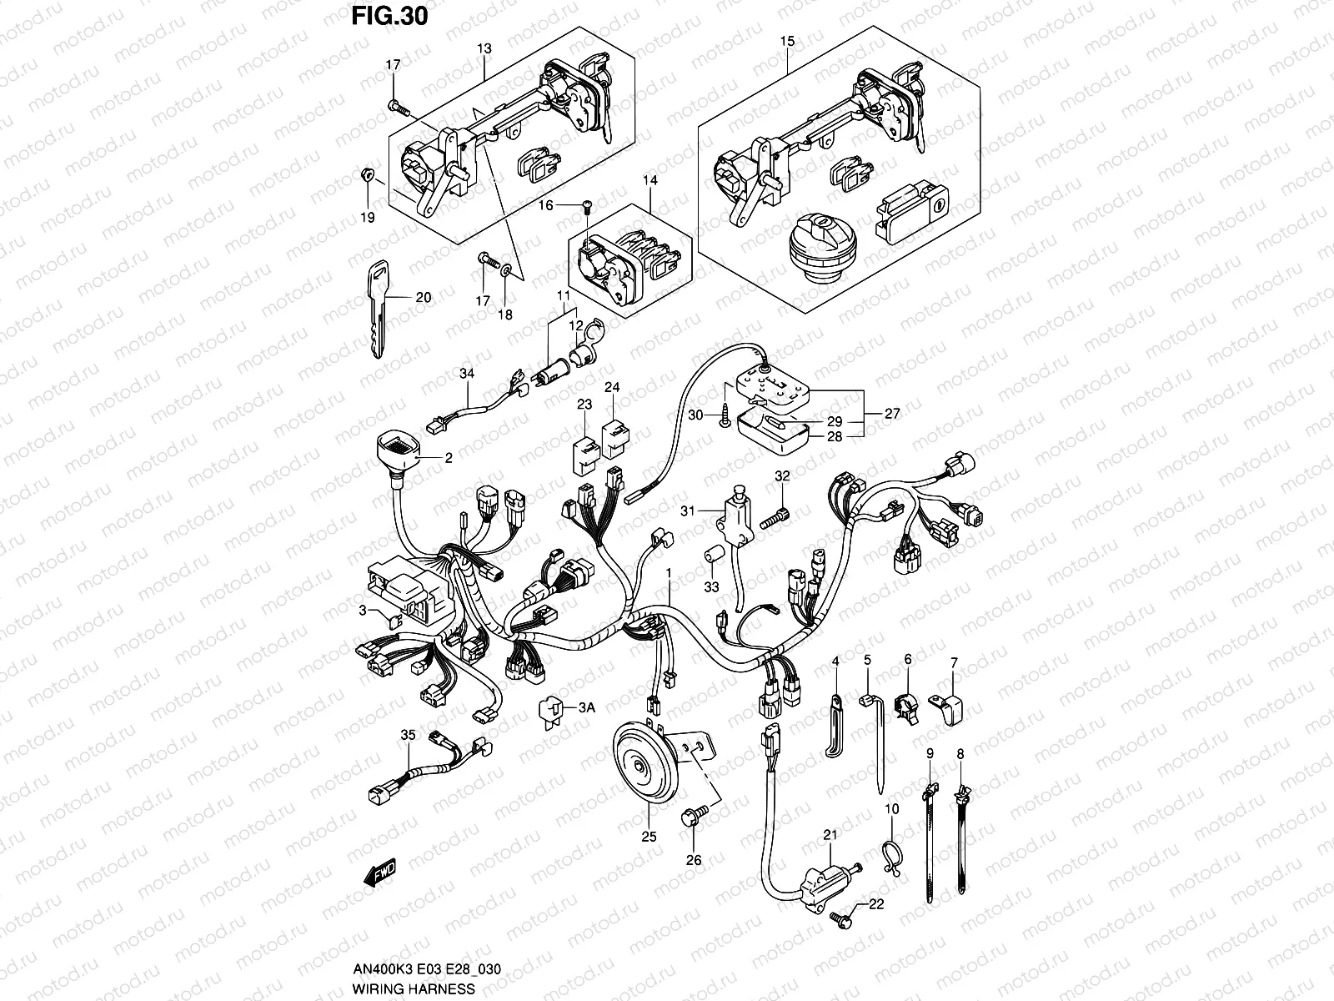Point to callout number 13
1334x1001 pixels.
tap(484, 49)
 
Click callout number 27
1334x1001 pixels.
tap(892, 413)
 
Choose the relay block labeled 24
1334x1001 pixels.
tap(614, 439)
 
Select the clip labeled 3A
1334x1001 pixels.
tap(551, 712)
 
